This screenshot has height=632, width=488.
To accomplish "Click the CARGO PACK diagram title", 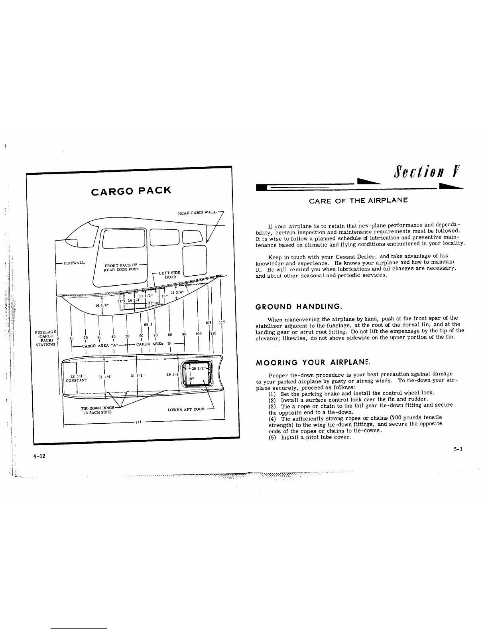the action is [131, 191].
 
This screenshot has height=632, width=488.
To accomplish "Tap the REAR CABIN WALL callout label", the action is [197, 213].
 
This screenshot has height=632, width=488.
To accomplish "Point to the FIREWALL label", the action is [75, 263].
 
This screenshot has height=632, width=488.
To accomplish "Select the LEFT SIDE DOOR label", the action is [170, 275].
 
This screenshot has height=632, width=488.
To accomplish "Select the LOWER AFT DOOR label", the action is [186, 409].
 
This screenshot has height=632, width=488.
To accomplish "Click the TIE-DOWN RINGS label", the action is [97, 408].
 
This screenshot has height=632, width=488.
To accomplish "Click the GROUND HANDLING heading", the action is [298, 306].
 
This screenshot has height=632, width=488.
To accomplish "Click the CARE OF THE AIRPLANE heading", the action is [358, 200].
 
